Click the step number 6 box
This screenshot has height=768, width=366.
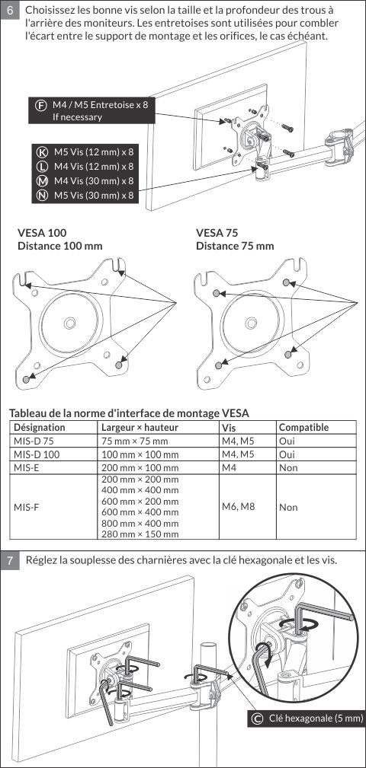point(11,10)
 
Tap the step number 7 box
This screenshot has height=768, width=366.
point(11,560)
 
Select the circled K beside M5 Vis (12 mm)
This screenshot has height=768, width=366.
point(42,151)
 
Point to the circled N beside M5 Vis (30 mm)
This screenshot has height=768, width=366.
point(42,196)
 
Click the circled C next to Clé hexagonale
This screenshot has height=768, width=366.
point(256,719)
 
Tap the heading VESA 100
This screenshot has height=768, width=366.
point(42,232)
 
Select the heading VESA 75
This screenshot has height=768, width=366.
point(217,232)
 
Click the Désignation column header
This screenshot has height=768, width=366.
point(39,427)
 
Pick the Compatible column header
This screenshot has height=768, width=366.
point(303,427)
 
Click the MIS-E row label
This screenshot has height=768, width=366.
point(27,467)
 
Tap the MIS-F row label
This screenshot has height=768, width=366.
point(27,507)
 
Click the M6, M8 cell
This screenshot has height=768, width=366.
point(239,506)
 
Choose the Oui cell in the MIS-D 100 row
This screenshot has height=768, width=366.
point(287,454)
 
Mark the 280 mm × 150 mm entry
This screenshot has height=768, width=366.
point(140,534)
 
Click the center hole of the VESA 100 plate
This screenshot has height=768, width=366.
point(69,322)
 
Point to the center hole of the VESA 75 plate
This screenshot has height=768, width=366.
point(251,322)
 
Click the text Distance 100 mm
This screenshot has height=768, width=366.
point(59,245)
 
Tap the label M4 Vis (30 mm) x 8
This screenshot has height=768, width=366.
point(94,180)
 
